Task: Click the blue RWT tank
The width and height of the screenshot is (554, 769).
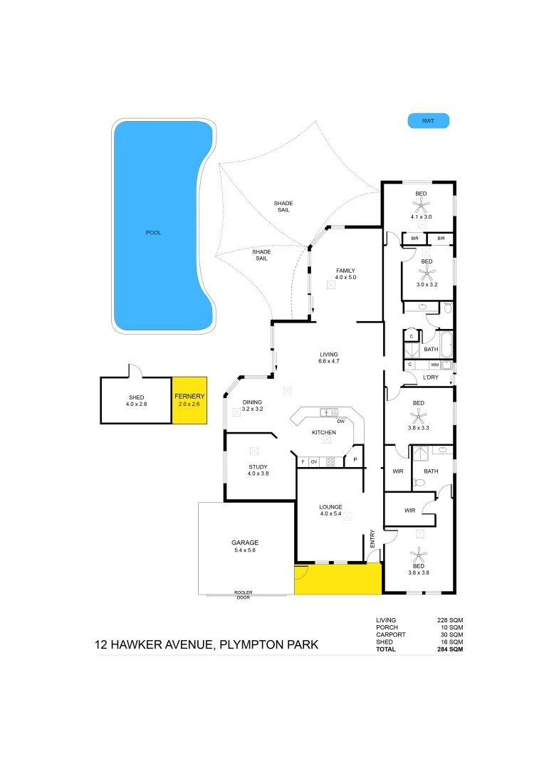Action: [x=428, y=121]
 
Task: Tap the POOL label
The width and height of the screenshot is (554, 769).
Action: [x=153, y=233]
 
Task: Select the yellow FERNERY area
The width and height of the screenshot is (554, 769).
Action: [x=189, y=400]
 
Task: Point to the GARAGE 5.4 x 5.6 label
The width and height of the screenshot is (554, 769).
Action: [x=245, y=546]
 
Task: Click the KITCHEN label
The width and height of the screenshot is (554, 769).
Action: [x=324, y=433]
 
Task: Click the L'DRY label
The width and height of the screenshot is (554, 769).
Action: [x=431, y=377]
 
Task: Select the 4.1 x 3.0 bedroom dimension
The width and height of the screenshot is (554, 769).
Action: [x=421, y=216]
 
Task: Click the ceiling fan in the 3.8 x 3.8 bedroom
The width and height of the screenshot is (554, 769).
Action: [x=419, y=553]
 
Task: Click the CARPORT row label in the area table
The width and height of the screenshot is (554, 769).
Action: [x=391, y=634]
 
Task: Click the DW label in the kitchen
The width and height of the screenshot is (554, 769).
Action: [x=341, y=422]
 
